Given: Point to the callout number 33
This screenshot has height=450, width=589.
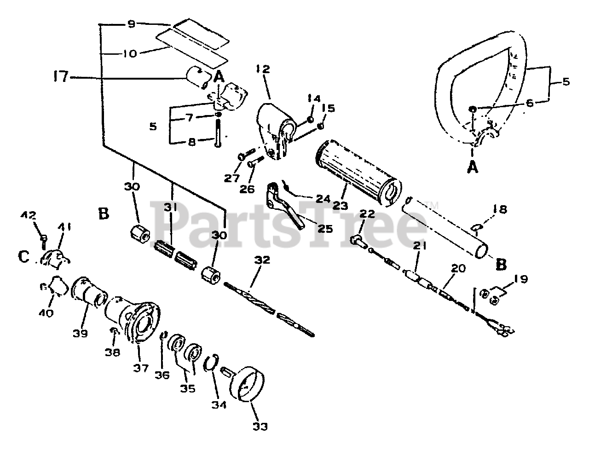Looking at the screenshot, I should coord(260,426).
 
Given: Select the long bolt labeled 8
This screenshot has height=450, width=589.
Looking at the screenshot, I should coord(217,133).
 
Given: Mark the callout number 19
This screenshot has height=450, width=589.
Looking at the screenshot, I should coord(520,279).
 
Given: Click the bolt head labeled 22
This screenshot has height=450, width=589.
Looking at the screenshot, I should coord(356,240).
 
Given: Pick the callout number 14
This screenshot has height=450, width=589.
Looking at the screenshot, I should coord(313,98).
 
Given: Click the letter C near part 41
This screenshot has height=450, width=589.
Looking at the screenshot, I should coord(24,257).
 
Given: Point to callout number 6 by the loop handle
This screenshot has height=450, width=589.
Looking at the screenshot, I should coord(529,104).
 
